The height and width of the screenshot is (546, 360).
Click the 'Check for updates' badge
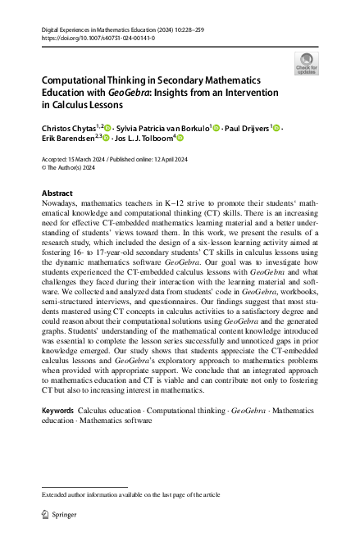coord(308,63)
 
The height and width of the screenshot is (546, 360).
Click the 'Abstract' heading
coord(57,193)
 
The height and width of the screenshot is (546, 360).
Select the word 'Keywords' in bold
coord(57,409)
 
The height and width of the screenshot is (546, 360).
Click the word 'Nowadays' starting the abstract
coord(62,203)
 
